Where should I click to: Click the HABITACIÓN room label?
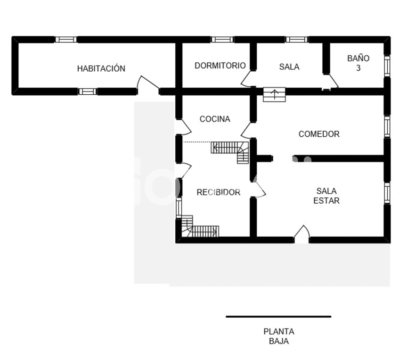coord(101,68)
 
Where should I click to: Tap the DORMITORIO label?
coord(220,66)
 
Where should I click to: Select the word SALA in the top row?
coord(289,67)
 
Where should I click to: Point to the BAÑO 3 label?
coord(358,63)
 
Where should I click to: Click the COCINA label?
coord(215,119)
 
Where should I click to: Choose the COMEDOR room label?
coord(319,134)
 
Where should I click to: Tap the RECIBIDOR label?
coord(218,192)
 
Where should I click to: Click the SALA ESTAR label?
coord(326,196)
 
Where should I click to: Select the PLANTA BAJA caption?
coord(278,337)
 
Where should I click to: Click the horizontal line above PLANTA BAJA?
coord(278,317)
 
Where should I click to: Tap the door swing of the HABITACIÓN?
coord(147,83)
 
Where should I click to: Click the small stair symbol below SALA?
coord(274,94)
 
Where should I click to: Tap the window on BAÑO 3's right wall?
coord(387,66)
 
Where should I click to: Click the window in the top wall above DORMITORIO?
coord(222,40)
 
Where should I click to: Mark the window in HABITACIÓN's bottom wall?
coord(87,91)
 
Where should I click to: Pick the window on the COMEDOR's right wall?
coord(387,126)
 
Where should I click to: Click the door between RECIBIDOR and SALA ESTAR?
coord(259,189)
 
